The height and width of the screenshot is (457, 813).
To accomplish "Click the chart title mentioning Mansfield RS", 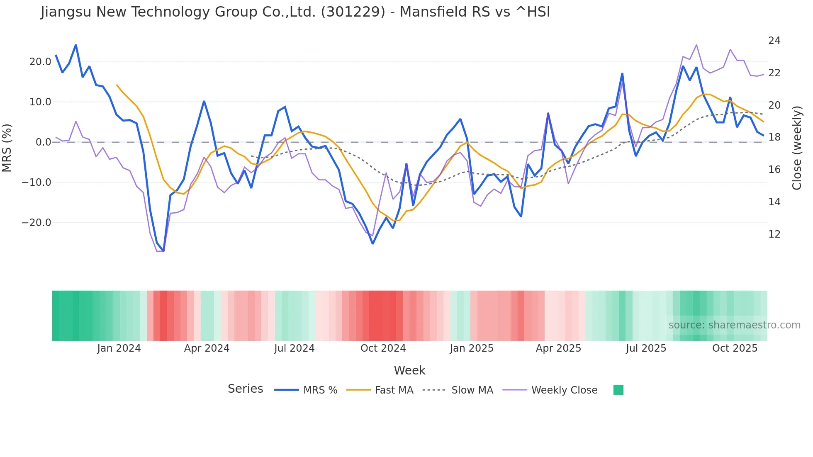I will coord(295,12).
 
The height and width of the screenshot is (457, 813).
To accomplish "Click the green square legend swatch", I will coord(618,390).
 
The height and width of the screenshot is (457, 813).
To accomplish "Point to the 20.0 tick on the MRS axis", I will coord(40,62).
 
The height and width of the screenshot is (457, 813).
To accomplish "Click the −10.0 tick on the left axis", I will coord(37,182).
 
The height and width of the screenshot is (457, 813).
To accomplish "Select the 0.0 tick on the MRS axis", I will coord(44,142).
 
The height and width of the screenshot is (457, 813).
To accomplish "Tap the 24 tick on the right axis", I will coord(774,41).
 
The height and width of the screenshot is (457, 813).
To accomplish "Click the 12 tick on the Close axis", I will coord(774,234).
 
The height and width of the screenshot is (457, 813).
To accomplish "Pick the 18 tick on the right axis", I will coord(774,137).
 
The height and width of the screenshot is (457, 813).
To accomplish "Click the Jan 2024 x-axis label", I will coord(119,348).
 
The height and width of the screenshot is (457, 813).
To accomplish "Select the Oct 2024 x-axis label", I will coord(383,348).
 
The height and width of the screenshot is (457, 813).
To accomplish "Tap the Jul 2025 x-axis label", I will coord(646,348).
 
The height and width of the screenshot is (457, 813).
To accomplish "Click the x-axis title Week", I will coord(409,370).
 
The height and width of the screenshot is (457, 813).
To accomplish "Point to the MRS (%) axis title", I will coord(7,148).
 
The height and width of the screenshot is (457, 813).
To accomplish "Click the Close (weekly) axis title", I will coord(796,148).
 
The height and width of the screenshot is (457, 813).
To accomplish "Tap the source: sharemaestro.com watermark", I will coord(734,325).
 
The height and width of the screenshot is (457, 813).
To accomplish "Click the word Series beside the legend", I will coord(245,389).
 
